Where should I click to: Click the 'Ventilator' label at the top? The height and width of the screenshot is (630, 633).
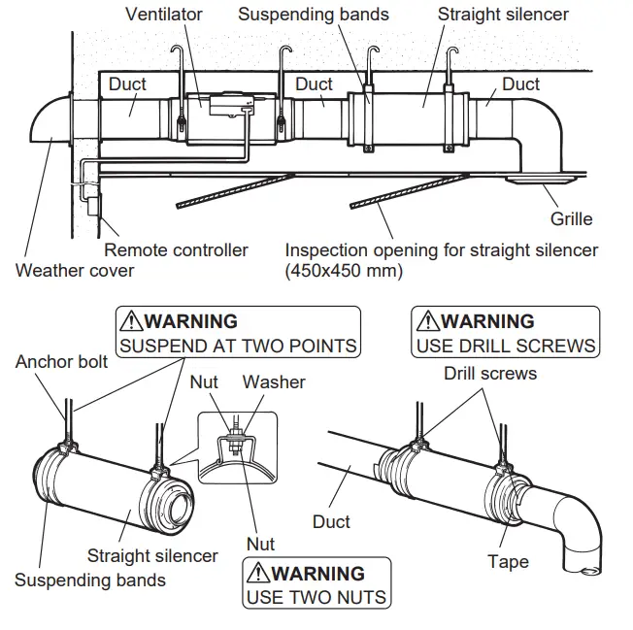165,14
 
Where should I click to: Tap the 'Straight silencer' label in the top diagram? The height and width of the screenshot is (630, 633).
503,14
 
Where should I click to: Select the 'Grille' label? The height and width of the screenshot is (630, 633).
571,219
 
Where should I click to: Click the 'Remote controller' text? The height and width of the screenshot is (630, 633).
176,249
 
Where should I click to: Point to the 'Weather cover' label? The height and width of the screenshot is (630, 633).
75,270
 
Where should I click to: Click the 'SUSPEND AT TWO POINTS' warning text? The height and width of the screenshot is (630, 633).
238,345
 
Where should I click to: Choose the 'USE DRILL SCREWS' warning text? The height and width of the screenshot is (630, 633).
506,345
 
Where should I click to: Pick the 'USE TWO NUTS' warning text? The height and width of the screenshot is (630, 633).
316,596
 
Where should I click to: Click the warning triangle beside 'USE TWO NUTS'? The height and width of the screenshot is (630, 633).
257,573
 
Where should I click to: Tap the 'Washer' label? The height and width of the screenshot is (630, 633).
273,381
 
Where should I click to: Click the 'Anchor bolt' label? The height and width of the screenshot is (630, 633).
62,361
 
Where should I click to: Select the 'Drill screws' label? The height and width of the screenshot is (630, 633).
490,373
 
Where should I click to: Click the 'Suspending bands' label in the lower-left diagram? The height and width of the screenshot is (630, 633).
90,580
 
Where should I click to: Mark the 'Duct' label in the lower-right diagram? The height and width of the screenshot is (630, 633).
332,521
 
